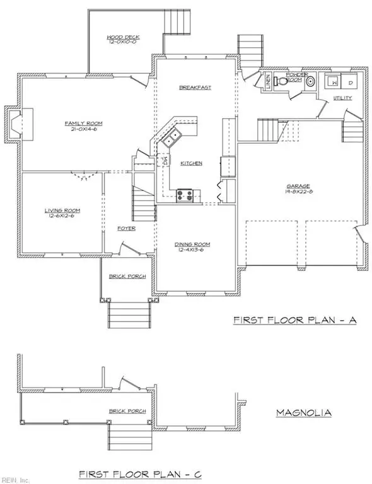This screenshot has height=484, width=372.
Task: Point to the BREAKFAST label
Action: (194, 88)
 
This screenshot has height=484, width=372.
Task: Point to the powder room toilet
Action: (310, 82)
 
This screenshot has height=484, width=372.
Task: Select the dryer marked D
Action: (351, 82)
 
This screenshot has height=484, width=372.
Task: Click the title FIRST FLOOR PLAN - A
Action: (295, 321)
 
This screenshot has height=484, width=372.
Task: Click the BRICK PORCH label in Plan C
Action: (127, 411)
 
